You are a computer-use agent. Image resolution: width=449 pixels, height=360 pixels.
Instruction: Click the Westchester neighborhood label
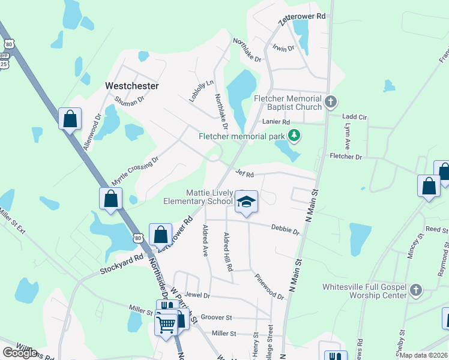[x=132, y=86]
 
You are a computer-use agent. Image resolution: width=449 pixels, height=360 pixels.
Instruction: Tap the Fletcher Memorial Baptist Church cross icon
[x=331, y=103]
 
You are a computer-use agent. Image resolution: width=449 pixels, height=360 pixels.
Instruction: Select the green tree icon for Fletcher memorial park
[x=294, y=136]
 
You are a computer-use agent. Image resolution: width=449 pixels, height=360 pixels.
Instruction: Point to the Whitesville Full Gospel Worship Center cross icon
[x=415, y=291]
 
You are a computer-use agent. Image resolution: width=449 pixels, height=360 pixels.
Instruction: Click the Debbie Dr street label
[x=285, y=229]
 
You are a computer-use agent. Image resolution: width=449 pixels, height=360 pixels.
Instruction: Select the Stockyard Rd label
[x=122, y=264]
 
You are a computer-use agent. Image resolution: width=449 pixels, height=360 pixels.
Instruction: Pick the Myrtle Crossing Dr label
[x=134, y=172]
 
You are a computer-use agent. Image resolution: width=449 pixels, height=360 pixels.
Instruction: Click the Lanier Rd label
[x=276, y=122]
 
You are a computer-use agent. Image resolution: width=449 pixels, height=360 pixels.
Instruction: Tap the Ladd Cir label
[x=354, y=116]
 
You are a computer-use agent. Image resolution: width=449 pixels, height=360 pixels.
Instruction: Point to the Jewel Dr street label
[x=197, y=295]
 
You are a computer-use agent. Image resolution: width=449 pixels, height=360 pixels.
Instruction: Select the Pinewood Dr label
[x=269, y=287]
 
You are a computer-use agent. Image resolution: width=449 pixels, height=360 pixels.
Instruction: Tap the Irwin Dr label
[x=283, y=47]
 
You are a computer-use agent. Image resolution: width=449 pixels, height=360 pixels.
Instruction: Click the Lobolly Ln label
[x=201, y=91]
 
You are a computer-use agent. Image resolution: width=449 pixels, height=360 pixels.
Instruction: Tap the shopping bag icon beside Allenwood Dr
[x=70, y=118]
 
